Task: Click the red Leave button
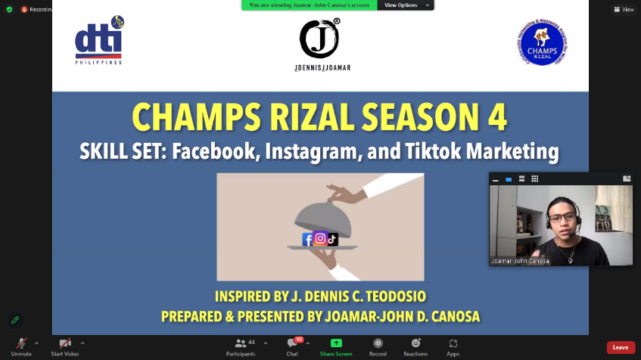(x=620, y=347)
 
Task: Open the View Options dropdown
(x=404, y=5)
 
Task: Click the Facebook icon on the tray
(x=307, y=239)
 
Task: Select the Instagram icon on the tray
(x=320, y=238)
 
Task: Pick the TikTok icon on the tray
(x=332, y=239)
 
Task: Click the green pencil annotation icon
(x=14, y=320)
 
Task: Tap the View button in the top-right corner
(x=624, y=9)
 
